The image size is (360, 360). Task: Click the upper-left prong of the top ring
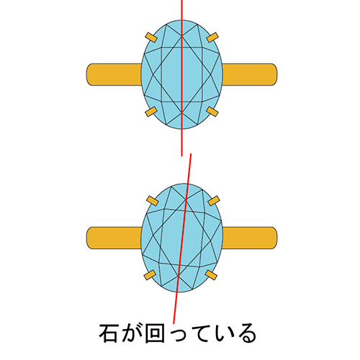pyautogui.click(x=151, y=37)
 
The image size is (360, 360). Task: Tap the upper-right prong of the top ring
pyautogui.click(x=212, y=37)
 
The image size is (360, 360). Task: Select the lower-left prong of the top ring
pyautogui.click(x=151, y=112)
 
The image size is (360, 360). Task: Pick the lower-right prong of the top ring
pyautogui.click(x=212, y=112)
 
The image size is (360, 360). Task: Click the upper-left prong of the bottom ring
pyautogui.click(x=153, y=201)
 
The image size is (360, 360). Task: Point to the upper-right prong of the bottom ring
pyautogui.click(x=214, y=201)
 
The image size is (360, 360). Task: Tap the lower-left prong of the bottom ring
pyautogui.click(x=150, y=275)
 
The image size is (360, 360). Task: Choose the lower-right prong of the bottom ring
pyautogui.click(x=211, y=275)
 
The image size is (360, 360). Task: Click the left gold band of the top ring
pyautogui.click(x=114, y=74)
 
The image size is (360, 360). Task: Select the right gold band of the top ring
pyautogui.click(x=250, y=74)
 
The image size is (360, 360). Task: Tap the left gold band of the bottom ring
pyautogui.click(x=114, y=238)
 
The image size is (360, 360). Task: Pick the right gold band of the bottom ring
pyautogui.click(x=250, y=238)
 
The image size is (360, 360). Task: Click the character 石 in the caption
pyautogui.click(x=108, y=333)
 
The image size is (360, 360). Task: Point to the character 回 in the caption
pyautogui.click(x=155, y=333)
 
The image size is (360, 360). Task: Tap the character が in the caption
pyautogui.click(x=131, y=333)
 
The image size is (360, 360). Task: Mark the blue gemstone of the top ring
pyautogui.click(x=181, y=74)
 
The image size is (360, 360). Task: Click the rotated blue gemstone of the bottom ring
pyautogui.click(x=181, y=238)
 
